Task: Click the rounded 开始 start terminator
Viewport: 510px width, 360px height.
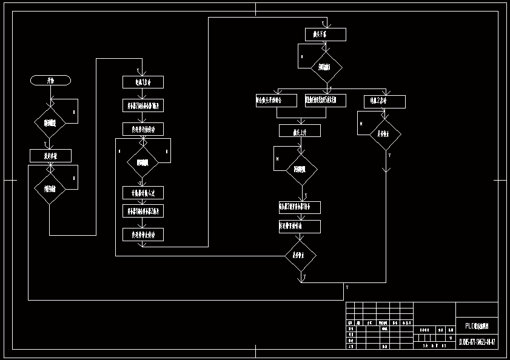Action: click(51, 80)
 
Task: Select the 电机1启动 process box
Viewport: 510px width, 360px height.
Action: click(143, 82)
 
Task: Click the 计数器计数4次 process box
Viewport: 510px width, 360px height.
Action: click(143, 193)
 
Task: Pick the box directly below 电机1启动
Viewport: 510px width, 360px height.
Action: click(143, 105)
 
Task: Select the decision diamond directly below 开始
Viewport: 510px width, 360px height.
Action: click(50, 123)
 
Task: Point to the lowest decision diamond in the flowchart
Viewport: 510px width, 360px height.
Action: click(301, 255)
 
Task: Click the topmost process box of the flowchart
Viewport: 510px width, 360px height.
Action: click(326, 35)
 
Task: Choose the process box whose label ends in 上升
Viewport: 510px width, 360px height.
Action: click(300, 130)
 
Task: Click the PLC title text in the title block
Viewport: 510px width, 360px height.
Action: click(477, 325)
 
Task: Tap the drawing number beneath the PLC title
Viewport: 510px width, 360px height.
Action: click(477, 342)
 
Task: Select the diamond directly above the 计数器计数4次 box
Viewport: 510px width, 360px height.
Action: click(143, 162)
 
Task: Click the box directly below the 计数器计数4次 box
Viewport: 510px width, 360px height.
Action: click(143, 211)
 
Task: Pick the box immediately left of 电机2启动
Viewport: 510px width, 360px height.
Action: click(326, 100)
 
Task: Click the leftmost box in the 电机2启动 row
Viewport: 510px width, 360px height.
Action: click(276, 100)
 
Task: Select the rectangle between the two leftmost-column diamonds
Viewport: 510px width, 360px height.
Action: click(50, 156)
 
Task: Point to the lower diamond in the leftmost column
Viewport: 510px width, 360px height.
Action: click(50, 188)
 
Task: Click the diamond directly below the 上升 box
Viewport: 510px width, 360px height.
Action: click(301, 170)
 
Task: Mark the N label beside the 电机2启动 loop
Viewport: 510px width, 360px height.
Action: click(361, 124)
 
